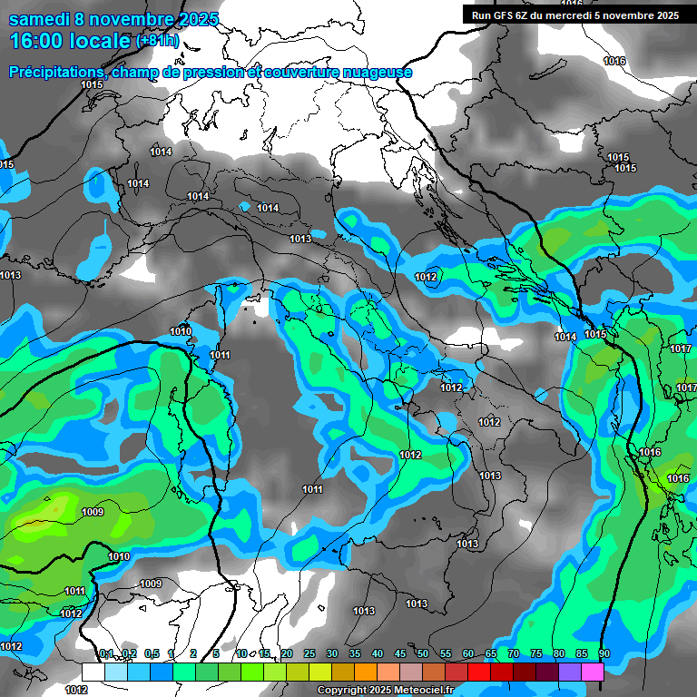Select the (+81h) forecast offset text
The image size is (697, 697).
pyautogui.click(x=158, y=42)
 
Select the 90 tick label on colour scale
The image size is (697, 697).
pyautogui.click(x=604, y=654)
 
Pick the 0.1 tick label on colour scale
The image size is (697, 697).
pyautogui.click(x=105, y=654)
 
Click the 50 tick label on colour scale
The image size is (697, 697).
pyautogui.click(x=422, y=654)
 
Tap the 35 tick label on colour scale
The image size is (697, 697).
pyautogui.click(x=354, y=654)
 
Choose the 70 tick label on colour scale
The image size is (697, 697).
pyautogui.click(x=513, y=654)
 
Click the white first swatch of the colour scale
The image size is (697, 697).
pyautogui.click(x=93, y=672)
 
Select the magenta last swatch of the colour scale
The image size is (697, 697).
pyautogui.click(x=593, y=672)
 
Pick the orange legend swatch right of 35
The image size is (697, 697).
pyautogui.click(x=366, y=672)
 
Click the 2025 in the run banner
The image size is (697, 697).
pyautogui.click(x=666, y=15)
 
